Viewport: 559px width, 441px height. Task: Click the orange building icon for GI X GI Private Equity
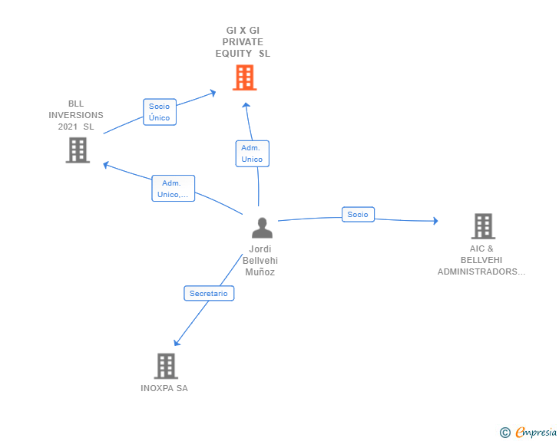pyautogui.click(x=244, y=77)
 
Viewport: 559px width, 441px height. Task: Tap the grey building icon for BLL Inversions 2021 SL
pyautogui.click(x=78, y=150)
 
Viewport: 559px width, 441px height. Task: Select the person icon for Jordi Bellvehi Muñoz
pyautogui.click(x=262, y=228)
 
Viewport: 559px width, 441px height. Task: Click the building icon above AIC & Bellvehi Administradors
pyautogui.click(x=482, y=226)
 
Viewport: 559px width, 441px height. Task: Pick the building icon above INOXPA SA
pyautogui.click(x=166, y=366)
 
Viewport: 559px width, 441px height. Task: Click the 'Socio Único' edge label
pyautogui.click(x=160, y=112)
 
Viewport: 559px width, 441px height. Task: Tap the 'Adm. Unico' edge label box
pyautogui.click(x=252, y=153)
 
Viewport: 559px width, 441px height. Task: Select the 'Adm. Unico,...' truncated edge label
pyautogui.click(x=173, y=189)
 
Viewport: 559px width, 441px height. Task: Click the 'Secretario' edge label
pyautogui.click(x=209, y=293)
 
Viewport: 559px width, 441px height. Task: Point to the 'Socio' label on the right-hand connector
pyautogui.click(x=358, y=215)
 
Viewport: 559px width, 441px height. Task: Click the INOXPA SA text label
pyautogui.click(x=164, y=388)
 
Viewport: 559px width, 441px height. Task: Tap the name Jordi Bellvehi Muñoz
pyautogui.click(x=260, y=261)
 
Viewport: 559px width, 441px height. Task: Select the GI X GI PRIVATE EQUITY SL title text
pyautogui.click(x=243, y=42)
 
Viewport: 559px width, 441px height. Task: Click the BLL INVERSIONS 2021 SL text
pyautogui.click(x=76, y=115)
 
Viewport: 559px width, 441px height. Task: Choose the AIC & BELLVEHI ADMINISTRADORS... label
pyautogui.click(x=481, y=260)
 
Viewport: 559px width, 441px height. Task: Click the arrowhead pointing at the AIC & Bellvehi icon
pyautogui.click(x=435, y=221)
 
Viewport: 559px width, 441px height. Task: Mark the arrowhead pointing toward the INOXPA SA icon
pyautogui.click(x=177, y=342)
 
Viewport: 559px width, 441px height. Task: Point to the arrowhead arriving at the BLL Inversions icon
pyautogui.click(x=107, y=164)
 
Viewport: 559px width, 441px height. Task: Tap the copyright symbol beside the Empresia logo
pyautogui.click(x=504, y=433)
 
